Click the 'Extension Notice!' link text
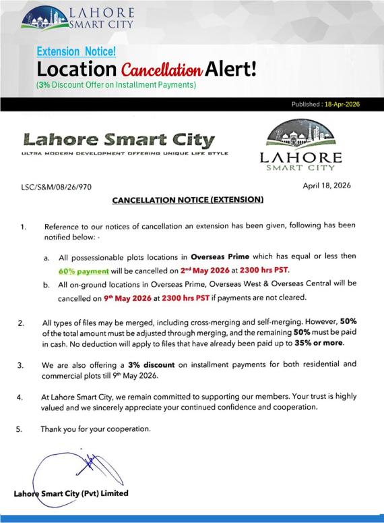[76, 51]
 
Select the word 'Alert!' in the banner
[231, 69]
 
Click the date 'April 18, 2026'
[332, 184]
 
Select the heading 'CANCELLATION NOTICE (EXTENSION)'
[187, 200]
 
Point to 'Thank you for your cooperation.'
[96, 428]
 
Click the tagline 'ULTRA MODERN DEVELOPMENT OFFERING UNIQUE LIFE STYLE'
[125, 154]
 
